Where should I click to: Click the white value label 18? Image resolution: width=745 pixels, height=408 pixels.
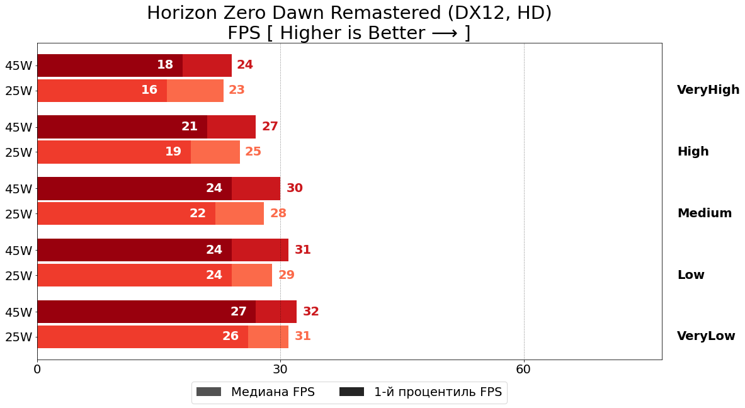point(165,65)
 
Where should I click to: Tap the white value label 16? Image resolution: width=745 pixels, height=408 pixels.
point(149,90)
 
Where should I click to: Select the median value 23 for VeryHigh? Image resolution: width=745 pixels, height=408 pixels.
point(237,90)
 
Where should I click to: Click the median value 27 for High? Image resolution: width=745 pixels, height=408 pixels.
point(270,127)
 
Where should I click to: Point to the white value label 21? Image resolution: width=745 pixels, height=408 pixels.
point(190,127)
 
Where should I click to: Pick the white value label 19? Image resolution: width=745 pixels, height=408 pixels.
point(173,152)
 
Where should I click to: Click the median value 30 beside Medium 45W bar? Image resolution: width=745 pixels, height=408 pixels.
point(295,188)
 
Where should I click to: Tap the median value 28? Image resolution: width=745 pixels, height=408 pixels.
point(278,213)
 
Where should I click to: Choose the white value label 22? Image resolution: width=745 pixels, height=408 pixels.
point(198,213)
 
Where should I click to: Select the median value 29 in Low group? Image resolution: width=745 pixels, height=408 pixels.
point(287,275)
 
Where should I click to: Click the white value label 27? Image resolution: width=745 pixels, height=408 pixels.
point(239,312)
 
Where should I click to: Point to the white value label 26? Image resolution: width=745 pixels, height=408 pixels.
point(230,336)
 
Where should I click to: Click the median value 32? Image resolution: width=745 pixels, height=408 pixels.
point(311,312)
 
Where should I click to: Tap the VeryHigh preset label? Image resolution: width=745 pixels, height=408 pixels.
point(708,90)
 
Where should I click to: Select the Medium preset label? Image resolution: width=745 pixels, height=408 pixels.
point(704,213)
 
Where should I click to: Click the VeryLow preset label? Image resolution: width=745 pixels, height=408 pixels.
point(706,336)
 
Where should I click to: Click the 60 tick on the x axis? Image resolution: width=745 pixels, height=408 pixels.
point(524,370)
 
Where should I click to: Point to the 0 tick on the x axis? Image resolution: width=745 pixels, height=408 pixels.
point(37,370)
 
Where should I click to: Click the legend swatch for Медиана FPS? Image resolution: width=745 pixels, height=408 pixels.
point(209,392)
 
